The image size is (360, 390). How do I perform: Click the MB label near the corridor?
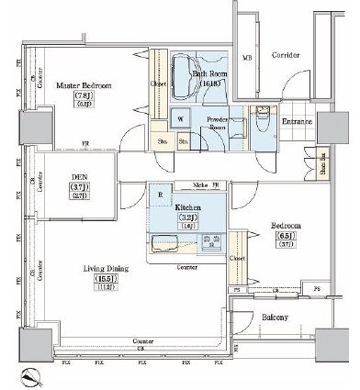[x=246, y=59]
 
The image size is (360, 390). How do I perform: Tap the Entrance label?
[x=298, y=122]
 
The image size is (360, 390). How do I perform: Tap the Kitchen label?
[x=188, y=208]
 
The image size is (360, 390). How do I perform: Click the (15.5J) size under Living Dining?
[x=81, y=279]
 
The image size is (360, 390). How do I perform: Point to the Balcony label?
[x=276, y=318]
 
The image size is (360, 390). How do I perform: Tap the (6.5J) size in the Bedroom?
[x=283, y=235]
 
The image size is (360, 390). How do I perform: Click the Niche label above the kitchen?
[x=199, y=184]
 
